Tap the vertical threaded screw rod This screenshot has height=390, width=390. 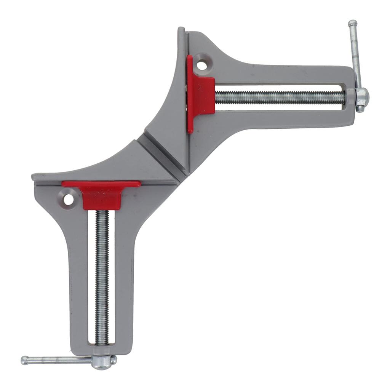[102, 278]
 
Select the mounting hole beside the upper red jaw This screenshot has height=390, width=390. [202, 65]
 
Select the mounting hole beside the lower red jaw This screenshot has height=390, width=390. [68, 198]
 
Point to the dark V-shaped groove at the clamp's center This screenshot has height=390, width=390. [160, 152]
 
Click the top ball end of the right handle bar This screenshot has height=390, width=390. [352, 23]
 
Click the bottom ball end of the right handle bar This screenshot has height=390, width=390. [360, 109]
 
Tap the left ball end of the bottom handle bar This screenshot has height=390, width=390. [25, 360]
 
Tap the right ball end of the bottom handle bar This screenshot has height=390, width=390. [113, 359]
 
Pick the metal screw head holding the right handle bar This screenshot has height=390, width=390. [361, 95]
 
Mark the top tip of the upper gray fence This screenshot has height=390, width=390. [181, 30]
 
